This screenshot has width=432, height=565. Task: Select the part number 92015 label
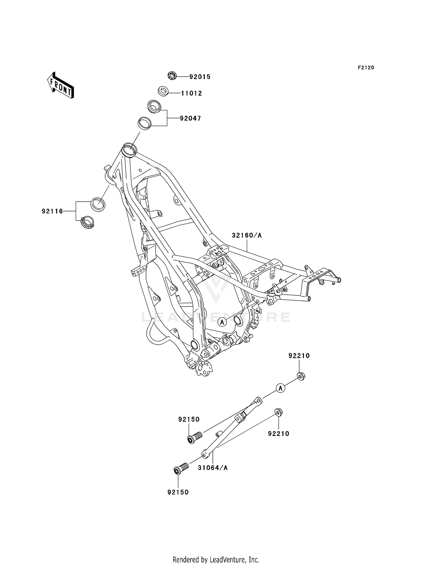pos(200,77)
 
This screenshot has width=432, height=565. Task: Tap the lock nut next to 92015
pos(172,76)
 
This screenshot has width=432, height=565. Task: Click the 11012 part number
pos(192,93)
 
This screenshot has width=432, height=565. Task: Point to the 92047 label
pos(190,118)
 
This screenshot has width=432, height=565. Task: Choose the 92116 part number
pos(52,211)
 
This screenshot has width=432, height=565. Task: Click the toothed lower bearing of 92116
pos(87,222)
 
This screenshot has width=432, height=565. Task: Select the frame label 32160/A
pos(247,236)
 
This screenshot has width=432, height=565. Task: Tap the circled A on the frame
pos(222,322)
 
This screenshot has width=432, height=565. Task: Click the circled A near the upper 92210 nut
pos(281,388)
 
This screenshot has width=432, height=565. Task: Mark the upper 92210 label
pos(299,356)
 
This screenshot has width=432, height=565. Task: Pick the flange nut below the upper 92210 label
pos(301,376)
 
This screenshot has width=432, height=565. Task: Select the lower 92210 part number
pos(278,434)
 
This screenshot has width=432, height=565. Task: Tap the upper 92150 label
pos(189,420)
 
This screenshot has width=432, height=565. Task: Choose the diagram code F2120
pos(366,68)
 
